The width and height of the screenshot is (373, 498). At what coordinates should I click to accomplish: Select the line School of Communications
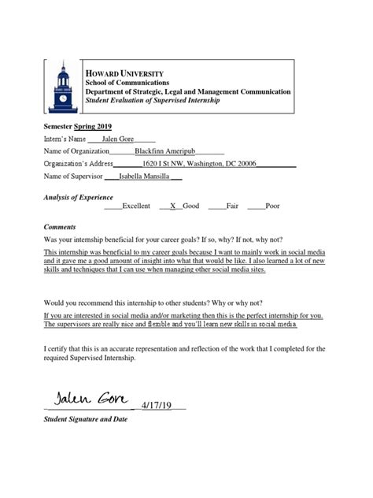pyautogui.click(x=127, y=82)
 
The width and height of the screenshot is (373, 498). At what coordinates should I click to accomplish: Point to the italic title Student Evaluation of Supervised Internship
pyautogui.click(x=153, y=101)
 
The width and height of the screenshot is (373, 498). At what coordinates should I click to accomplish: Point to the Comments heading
pyautogui.click(x=60, y=226)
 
